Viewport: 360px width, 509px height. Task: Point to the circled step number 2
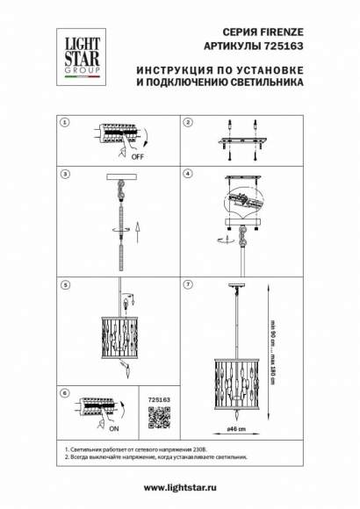click(x=188, y=121)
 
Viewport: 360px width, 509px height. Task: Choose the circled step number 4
click(x=188, y=175)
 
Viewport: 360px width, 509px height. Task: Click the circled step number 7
click(x=188, y=284)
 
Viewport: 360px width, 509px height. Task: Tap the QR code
click(x=153, y=419)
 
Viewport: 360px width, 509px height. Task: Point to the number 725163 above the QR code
click(x=153, y=398)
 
